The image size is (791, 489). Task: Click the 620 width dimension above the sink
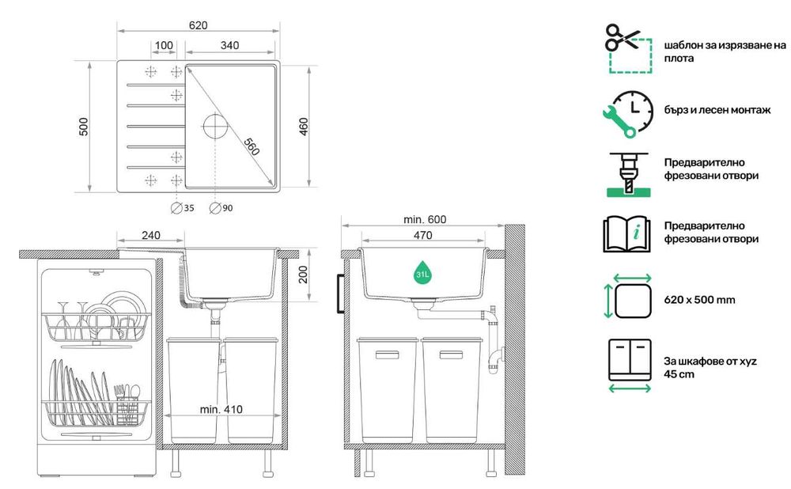[x=198, y=25]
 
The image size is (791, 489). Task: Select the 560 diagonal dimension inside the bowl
[x=252, y=146]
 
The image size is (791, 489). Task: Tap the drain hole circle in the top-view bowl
[x=215, y=126]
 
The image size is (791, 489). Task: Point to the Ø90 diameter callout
[x=221, y=208]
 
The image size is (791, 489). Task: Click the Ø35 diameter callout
[x=182, y=208]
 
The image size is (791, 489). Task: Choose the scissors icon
[x=622, y=38]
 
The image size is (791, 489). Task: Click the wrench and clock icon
[x=628, y=114]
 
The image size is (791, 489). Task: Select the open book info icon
[x=627, y=234]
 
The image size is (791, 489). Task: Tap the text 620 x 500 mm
[x=699, y=300]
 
